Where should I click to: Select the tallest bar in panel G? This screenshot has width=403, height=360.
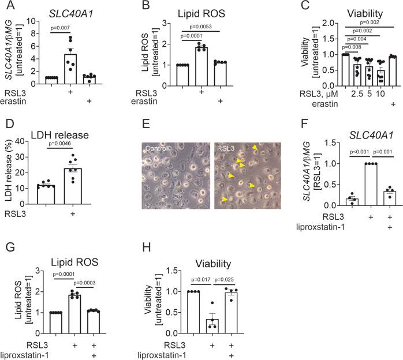point(73,316)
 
